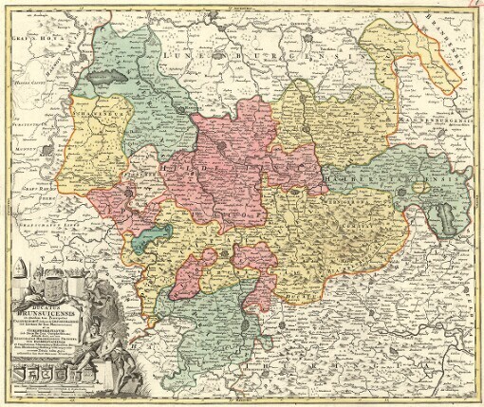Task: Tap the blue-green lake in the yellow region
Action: (x=147, y=242)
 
